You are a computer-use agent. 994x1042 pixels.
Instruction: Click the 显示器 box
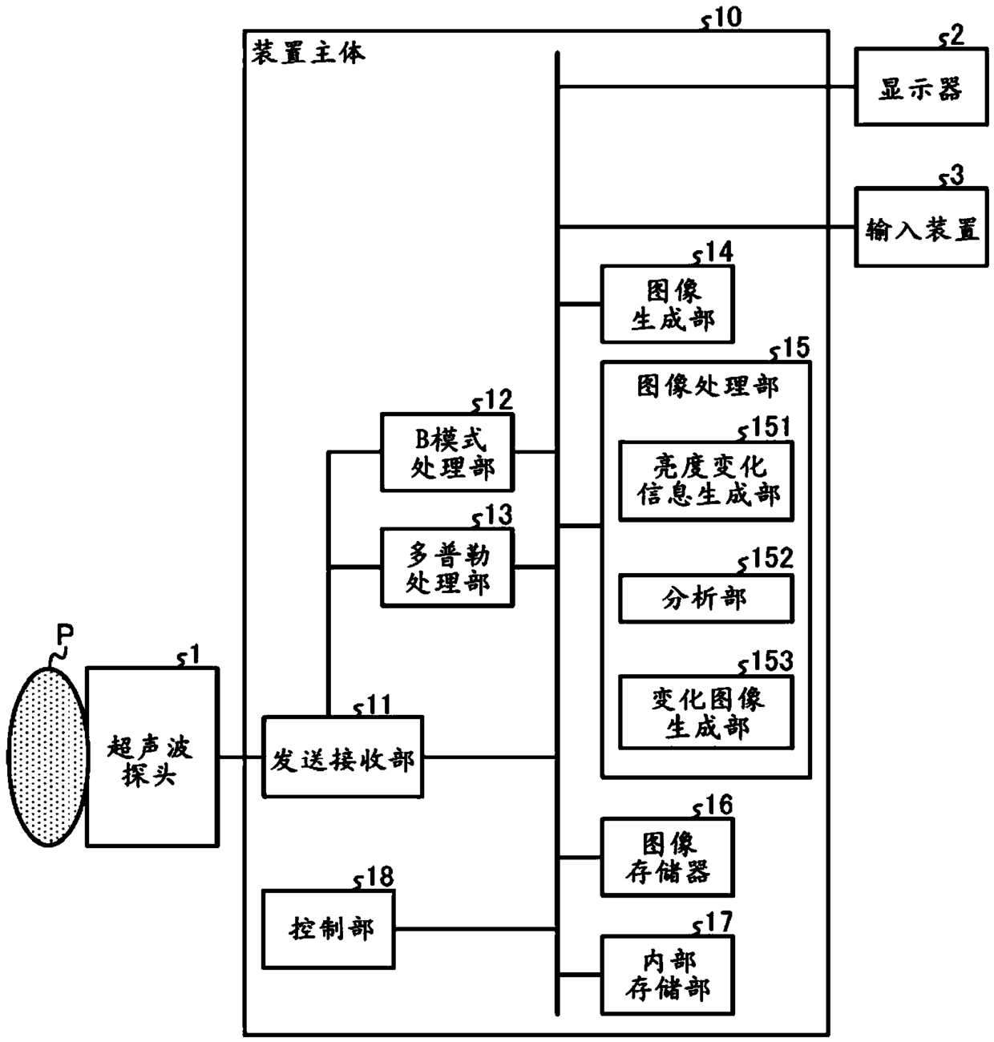pyautogui.click(x=921, y=87)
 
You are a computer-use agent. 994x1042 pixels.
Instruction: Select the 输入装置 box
pyautogui.click(x=921, y=227)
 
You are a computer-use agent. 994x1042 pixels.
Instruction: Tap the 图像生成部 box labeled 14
pyautogui.click(x=668, y=305)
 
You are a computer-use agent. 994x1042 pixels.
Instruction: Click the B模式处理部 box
pyautogui.click(x=447, y=452)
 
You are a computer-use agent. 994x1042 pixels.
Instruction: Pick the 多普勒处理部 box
pyautogui.click(x=447, y=567)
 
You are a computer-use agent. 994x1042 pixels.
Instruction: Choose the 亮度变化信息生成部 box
pyautogui.click(x=706, y=481)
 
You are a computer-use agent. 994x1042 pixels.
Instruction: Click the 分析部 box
pyautogui.click(x=706, y=599)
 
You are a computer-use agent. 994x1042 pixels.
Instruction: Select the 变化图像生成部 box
pyautogui.click(x=706, y=713)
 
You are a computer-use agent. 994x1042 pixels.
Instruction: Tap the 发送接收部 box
pyautogui.click(x=342, y=757)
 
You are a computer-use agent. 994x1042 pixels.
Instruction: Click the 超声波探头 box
pyautogui.click(x=152, y=757)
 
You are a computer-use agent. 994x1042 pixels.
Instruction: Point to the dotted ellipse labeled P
pyautogui.click(x=48, y=757)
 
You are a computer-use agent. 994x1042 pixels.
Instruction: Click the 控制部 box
pyautogui.click(x=329, y=929)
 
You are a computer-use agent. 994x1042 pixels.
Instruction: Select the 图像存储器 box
pyautogui.click(x=668, y=857)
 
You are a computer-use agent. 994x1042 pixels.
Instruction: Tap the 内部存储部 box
pyautogui.click(x=668, y=975)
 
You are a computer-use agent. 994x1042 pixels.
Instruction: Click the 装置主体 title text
pyautogui.click(x=308, y=54)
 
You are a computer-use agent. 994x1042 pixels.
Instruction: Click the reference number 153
pyautogui.click(x=773, y=661)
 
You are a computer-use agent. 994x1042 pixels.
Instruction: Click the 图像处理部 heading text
pyautogui.click(x=708, y=386)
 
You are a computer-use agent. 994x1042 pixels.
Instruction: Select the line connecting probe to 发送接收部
pyautogui.click(x=240, y=757)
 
